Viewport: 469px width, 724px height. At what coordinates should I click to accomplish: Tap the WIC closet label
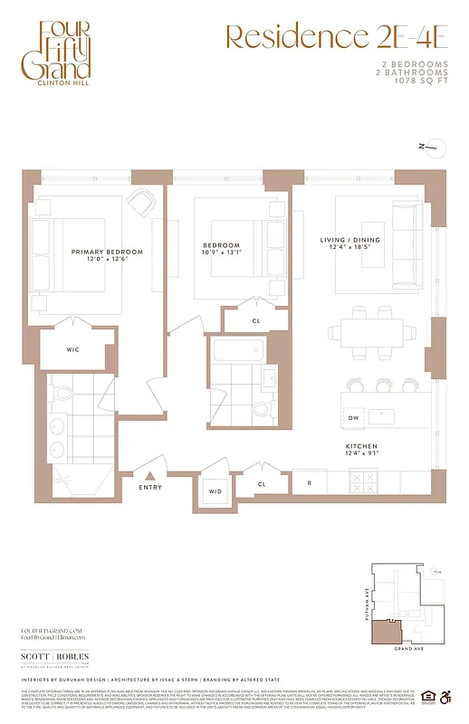pyautogui.click(x=74, y=348)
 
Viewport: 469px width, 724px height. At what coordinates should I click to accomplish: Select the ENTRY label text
pyautogui.click(x=151, y=488)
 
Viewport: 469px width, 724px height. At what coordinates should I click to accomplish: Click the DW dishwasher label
pyautogui.click(x=354, y=418)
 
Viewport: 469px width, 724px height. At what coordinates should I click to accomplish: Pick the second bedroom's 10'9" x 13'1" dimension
pyautogui.click(x=221, y=253)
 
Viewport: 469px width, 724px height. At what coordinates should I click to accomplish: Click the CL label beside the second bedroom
pyautogui.click(x=256, y=320)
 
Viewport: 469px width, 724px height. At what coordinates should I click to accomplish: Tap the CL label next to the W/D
pyautogui.click(x=262, y=484)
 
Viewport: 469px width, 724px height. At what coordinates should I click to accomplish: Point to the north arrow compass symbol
pyautogui.click(x=433, y=147)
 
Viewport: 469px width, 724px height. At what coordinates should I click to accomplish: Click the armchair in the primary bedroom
pyautogui.click(x=141, y=203)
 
